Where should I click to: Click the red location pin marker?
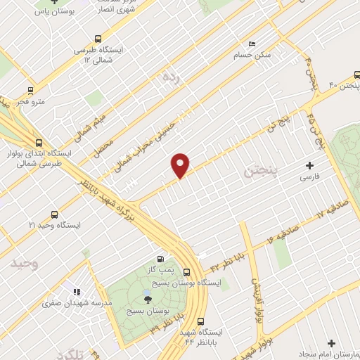[181, 165]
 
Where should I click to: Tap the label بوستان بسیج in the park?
[146, 310]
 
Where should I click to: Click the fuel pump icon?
[163, 259]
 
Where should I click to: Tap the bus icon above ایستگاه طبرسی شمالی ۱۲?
[98, 39]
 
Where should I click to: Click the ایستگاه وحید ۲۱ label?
[51, 224]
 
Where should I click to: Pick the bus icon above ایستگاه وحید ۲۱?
[55, 214]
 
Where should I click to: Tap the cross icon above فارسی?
[309, 166]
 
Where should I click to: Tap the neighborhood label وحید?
[22, 264]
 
